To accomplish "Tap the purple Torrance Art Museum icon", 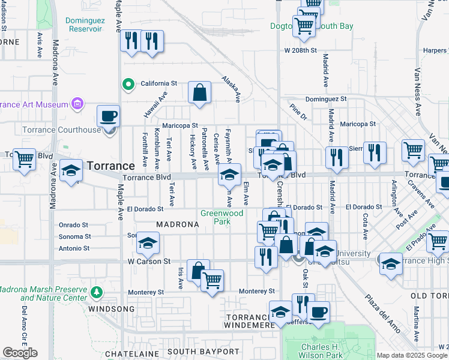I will pos(77,104).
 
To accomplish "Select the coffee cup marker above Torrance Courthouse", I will pos(109,115).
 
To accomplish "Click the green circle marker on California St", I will pos(127,85).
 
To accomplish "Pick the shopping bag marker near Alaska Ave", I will pos(199,93).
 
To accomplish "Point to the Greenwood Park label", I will pos(221,217).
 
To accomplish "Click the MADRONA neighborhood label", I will pos(177,224).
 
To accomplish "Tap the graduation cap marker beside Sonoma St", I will pos(147,243).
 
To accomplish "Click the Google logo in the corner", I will pos(20,353).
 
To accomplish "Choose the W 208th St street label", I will pos(300,51).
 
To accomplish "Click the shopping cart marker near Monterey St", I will pos(212,280).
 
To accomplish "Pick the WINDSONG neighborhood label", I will pos(108,309).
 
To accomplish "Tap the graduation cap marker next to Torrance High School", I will pos(391,263).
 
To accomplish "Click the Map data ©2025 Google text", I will pos(412,355).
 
